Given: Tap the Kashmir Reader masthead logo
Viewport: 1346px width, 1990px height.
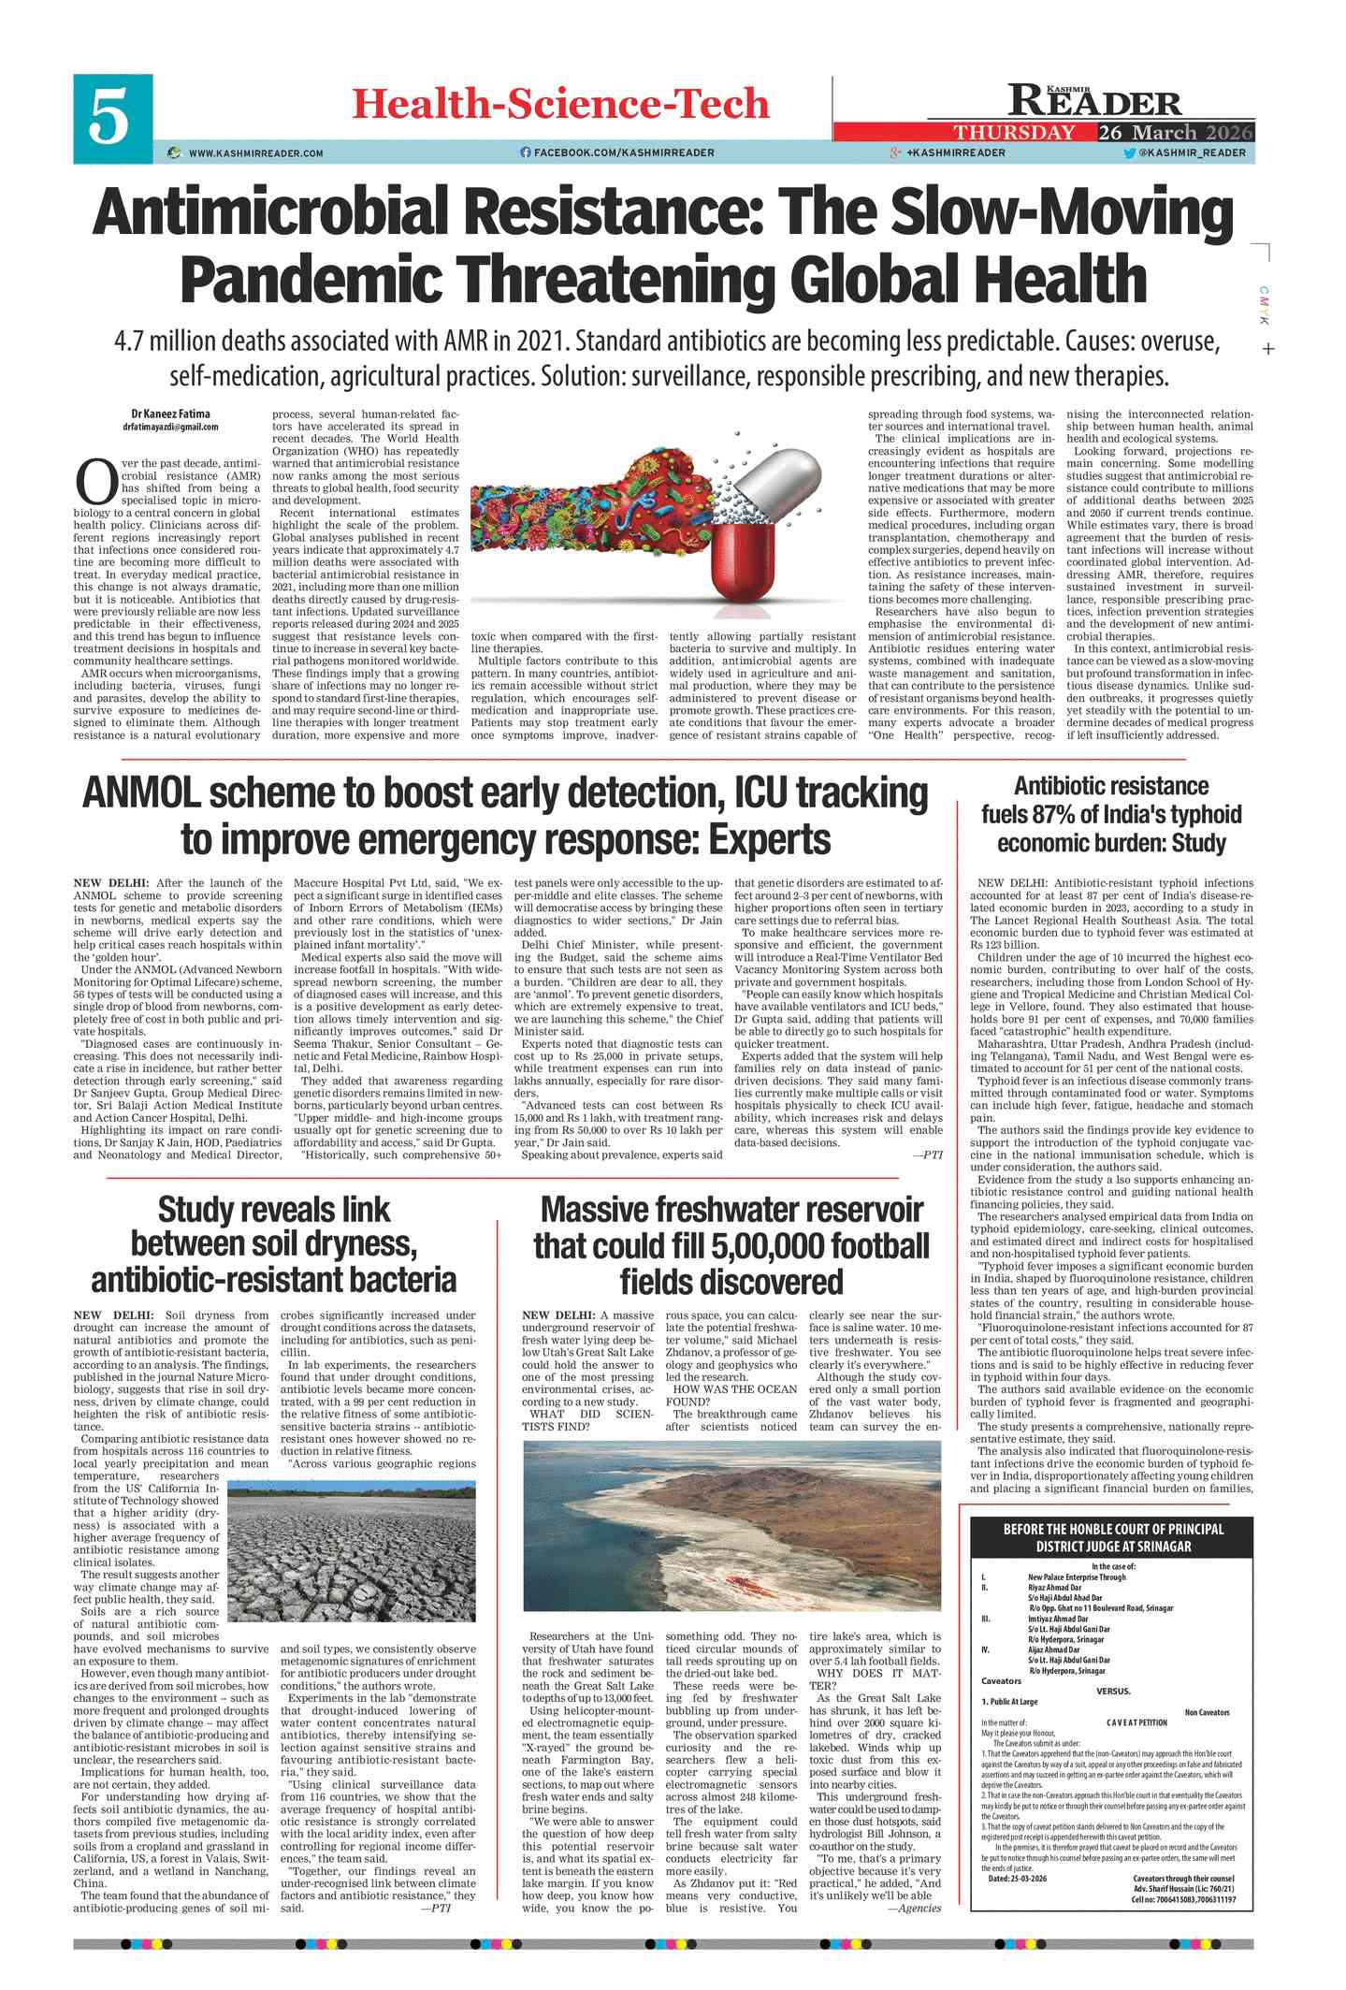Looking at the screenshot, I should coord(1093,100).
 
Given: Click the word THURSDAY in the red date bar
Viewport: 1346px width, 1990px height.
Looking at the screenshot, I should coord(1014,132).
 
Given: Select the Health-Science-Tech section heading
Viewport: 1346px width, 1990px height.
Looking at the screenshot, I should coord(560,104).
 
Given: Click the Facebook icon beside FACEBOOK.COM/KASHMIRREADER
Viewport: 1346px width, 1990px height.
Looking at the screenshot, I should coord(525,153).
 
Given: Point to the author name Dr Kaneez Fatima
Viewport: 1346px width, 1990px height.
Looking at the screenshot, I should coord(170,414).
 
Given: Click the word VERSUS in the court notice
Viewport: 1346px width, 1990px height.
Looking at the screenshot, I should coord(1112,1691).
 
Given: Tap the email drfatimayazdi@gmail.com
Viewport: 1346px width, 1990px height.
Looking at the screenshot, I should coord(170,427).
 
